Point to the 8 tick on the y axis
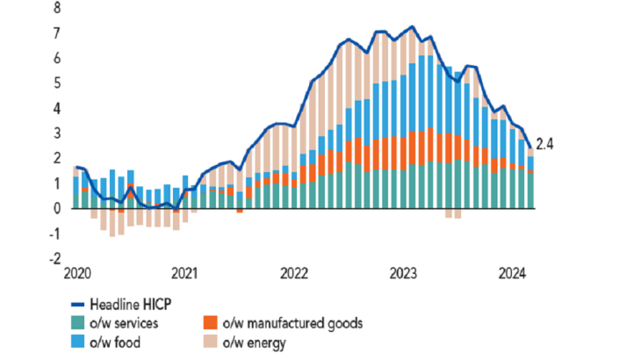(58, 9)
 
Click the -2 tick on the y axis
(56, 259)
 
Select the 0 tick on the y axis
(58, 209)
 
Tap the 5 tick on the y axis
(58, 83)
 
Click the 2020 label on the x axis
(77, 272)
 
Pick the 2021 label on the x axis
(184, 272)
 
